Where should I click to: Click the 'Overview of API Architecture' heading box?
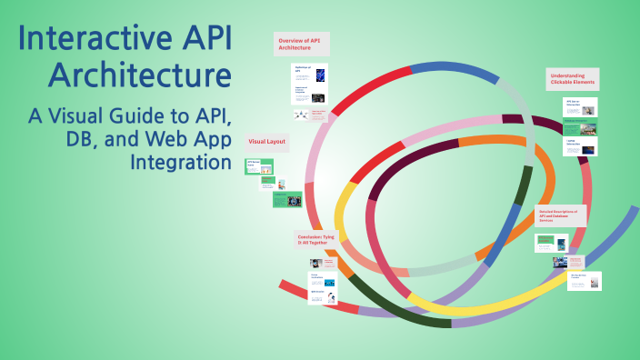pyautogui.click(x=302, y=45)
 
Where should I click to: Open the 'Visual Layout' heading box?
pyautogui.click(x=268, y=143)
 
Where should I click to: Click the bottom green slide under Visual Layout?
pyautogui.click(x=288, y=199)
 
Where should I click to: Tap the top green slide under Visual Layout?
pyautogui.click(x=260, y=166)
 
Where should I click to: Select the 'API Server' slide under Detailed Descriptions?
pyautogui.click(x=551, y=242)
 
